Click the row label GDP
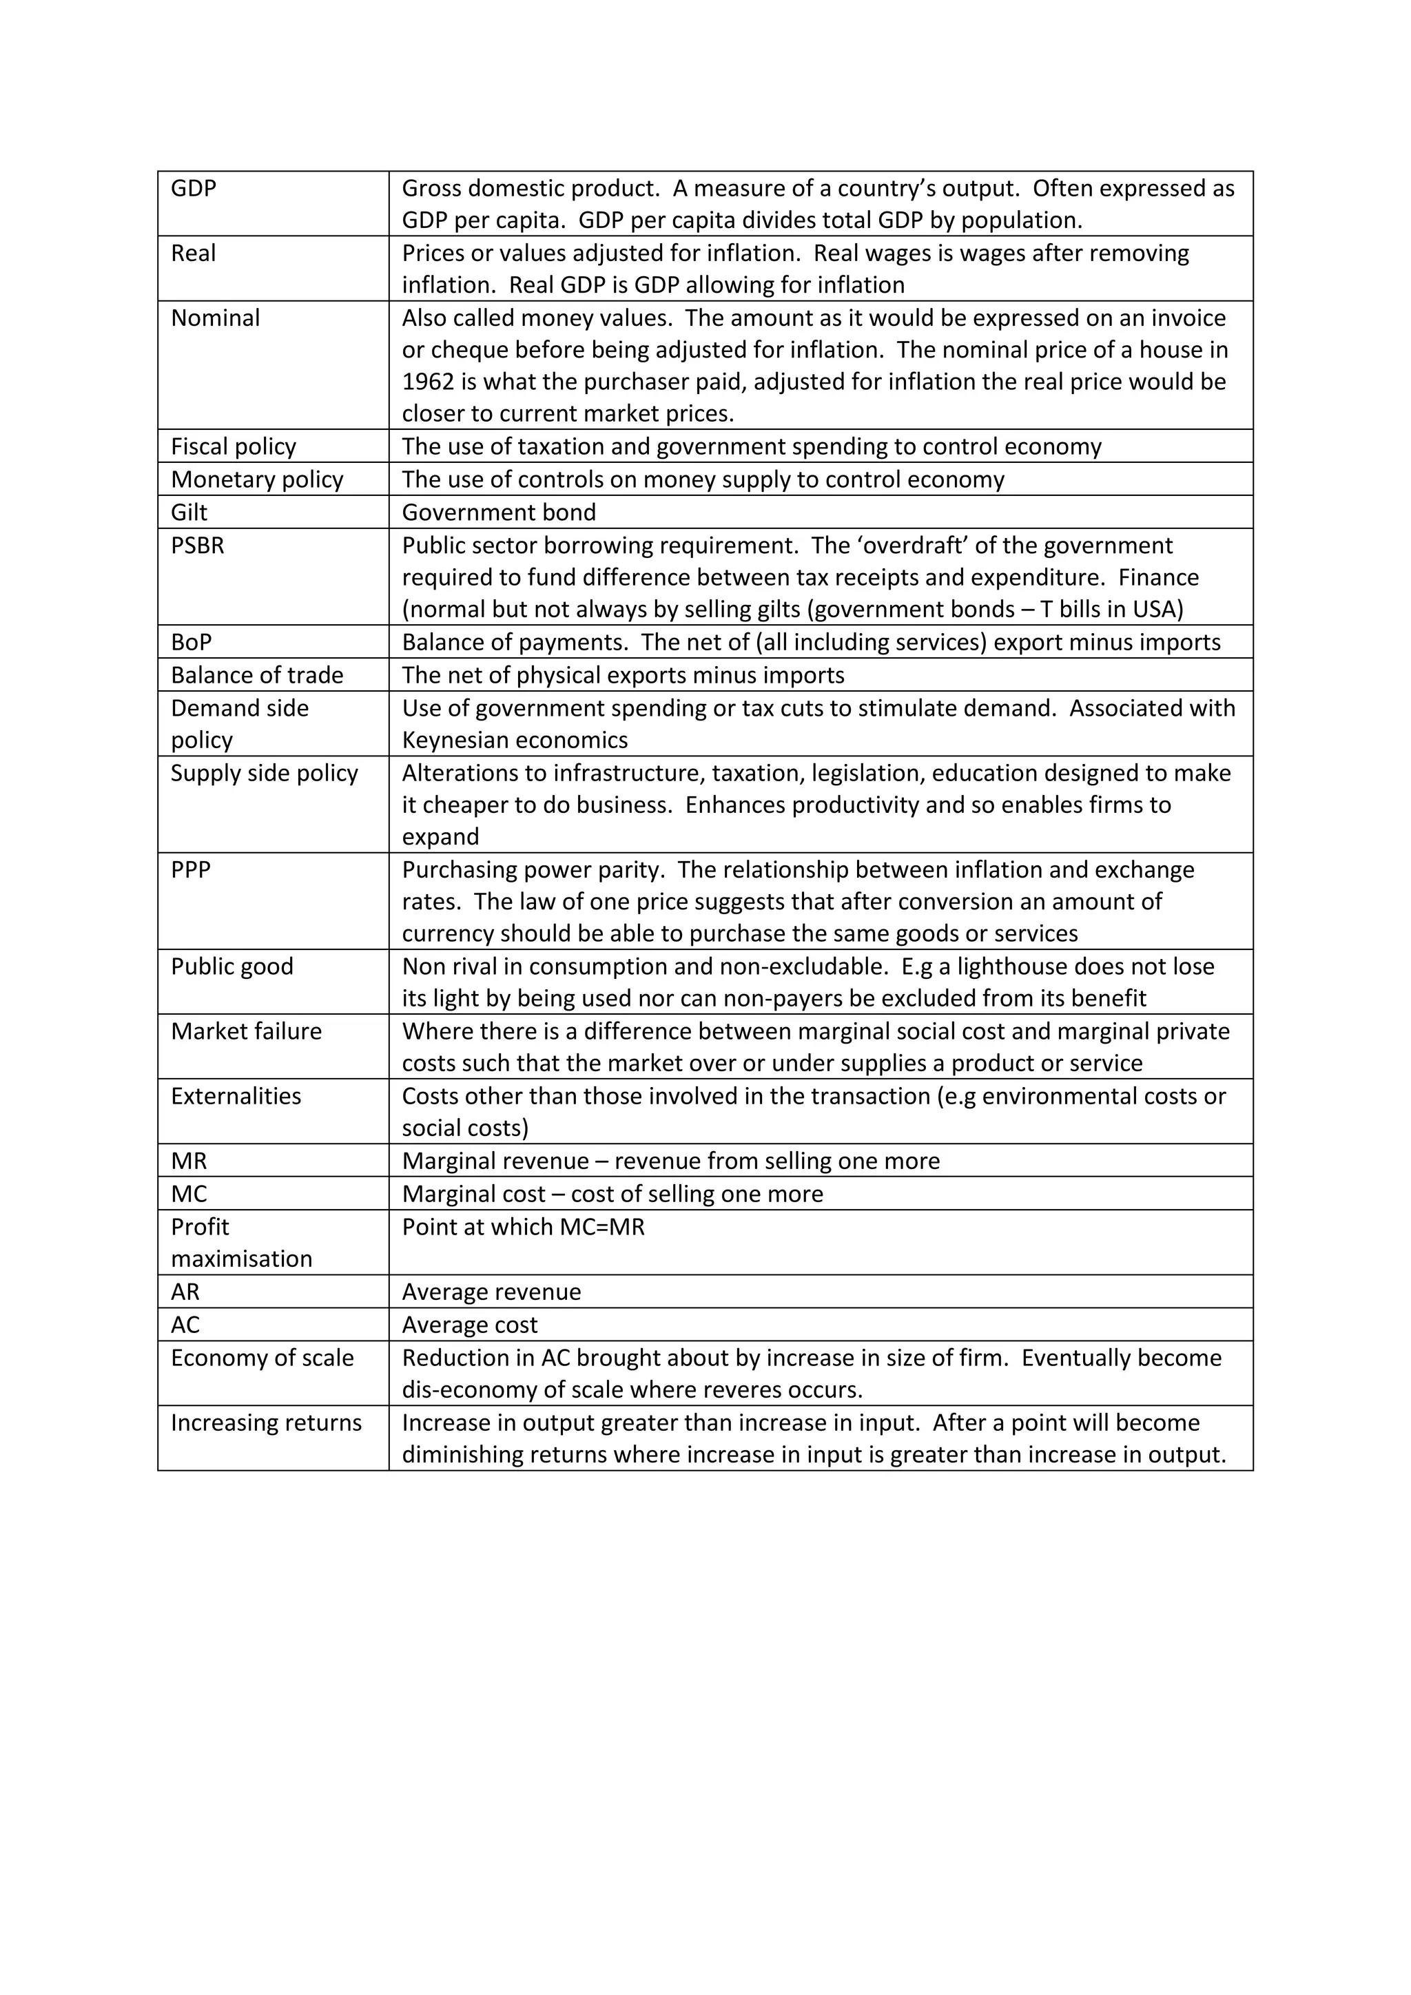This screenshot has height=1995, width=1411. (193, 189)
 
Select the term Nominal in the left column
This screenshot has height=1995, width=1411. (214, 318)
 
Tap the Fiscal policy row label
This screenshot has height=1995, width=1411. (233, 446)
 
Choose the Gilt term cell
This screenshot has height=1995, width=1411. (189, 513)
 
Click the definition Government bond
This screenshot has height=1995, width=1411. (498, 513)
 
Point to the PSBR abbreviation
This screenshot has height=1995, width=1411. (197, 546)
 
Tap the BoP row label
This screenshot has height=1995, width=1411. (191, 642)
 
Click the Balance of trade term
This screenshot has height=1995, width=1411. (256, 675)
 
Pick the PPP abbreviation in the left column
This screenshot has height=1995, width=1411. (190, 870)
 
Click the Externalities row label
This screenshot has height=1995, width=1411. (236, 1097)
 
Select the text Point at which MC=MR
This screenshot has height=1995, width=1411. (523, 1227)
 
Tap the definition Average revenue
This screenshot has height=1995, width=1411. (491, 1292)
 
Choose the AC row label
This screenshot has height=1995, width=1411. (185, 1325)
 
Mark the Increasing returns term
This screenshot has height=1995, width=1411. (266, 1423)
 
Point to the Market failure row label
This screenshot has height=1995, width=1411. (246, 1031)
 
